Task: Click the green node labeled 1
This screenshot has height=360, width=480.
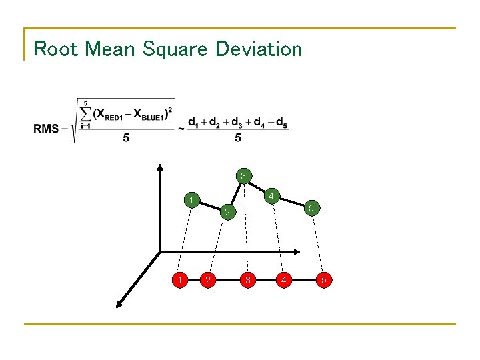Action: [191, 200]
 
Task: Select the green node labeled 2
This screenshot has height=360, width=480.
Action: [227, 213]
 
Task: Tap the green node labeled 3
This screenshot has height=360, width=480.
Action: [244, 176]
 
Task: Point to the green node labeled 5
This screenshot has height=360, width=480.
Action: [311, 209]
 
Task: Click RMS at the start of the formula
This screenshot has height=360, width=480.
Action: [46, 129]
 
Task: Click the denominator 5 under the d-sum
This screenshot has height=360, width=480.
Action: [238, 139]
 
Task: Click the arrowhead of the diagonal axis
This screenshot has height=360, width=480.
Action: [119, 305]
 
